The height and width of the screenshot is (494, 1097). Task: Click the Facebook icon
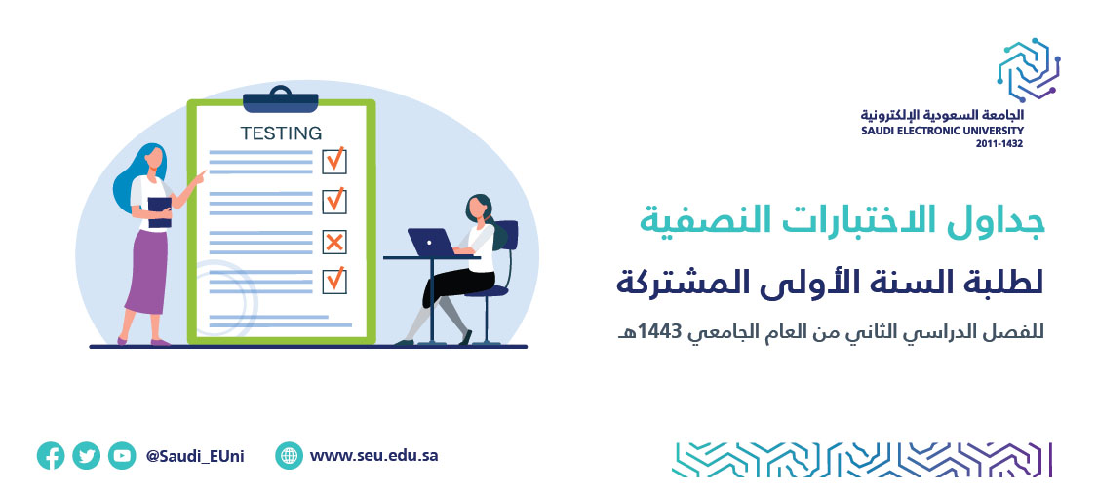pyautogui.click(x=51, y=456)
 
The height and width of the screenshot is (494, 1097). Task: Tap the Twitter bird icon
pyautogui.click(x=86, y=456)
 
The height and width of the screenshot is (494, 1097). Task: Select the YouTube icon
pyautogui.click(x=122, y=456)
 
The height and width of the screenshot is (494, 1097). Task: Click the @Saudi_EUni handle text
pyautogui.click(x=195, y=456)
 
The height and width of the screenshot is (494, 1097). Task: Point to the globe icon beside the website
pyautogui.click(x=289, y=456)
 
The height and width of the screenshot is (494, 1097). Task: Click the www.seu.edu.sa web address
pyautogui.click(x=374, y=456)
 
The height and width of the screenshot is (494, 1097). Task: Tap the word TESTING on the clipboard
pyautogui.click(x=281, y=133)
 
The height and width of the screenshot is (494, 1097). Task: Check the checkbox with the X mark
pyautogui.click(x=334, y=242)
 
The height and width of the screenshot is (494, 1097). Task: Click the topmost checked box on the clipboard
pyautogui.click(x=334, y=161)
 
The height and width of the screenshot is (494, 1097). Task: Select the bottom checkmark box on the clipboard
pyautogui.click(x=334, y=281)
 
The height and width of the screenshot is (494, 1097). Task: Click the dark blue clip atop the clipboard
pyautogui.click(x=281, y=100)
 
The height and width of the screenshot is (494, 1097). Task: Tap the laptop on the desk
pyautogui.click(x=432, y=244)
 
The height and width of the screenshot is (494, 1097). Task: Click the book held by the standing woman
pyautogui.click(x=160, y=211)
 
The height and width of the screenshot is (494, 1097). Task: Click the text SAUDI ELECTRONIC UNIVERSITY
pyautogui.click(x=942, y=131)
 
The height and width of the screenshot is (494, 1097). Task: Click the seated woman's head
pyautogui.click(x=478, y=207)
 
